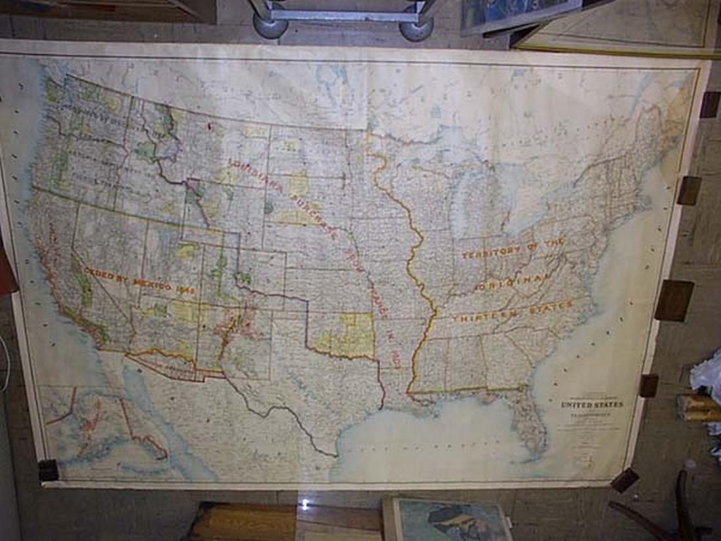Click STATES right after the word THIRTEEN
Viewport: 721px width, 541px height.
pyautogui.click(x=551, y=306)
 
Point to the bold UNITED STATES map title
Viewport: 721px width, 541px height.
pyautogui.click(x=592, y=405)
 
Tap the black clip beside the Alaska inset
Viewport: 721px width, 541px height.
pyautogui.click(x=48, y=470)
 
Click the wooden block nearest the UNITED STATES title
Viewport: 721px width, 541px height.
pyautogui.click(x=649, y=385)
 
